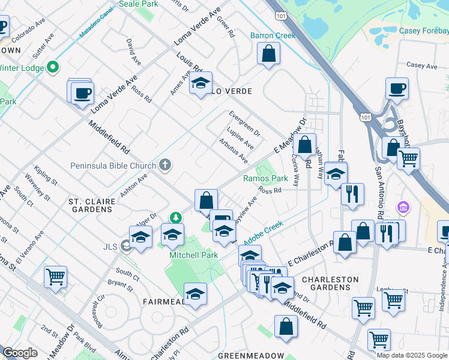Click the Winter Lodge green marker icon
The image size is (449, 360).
pos(53,68)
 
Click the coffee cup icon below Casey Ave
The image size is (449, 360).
pos(397,88)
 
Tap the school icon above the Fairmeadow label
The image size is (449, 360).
pos(195,293)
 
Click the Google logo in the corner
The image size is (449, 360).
pos(20,353)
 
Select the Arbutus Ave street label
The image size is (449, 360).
pos(234,151)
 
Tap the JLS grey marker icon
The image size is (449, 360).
pos(126,245)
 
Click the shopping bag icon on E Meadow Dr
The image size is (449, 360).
pos(305,144)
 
